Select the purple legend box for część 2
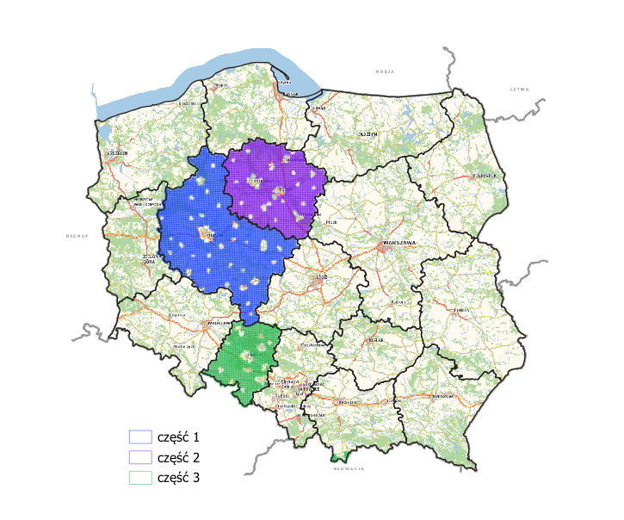click(139, 456)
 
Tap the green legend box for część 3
click(139, 476)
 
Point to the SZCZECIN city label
click(117, 153)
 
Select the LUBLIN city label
click(462, 309)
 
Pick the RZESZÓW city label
click(443, 395)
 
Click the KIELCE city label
click(375, 340)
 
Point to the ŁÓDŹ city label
click(323, 277)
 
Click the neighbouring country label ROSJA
click(385, 71)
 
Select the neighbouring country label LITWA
click(519, 90)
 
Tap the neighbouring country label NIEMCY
click(77, 235)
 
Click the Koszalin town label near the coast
click(184, 103)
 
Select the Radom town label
click(397, 302)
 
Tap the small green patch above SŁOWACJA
click(343, 456)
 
